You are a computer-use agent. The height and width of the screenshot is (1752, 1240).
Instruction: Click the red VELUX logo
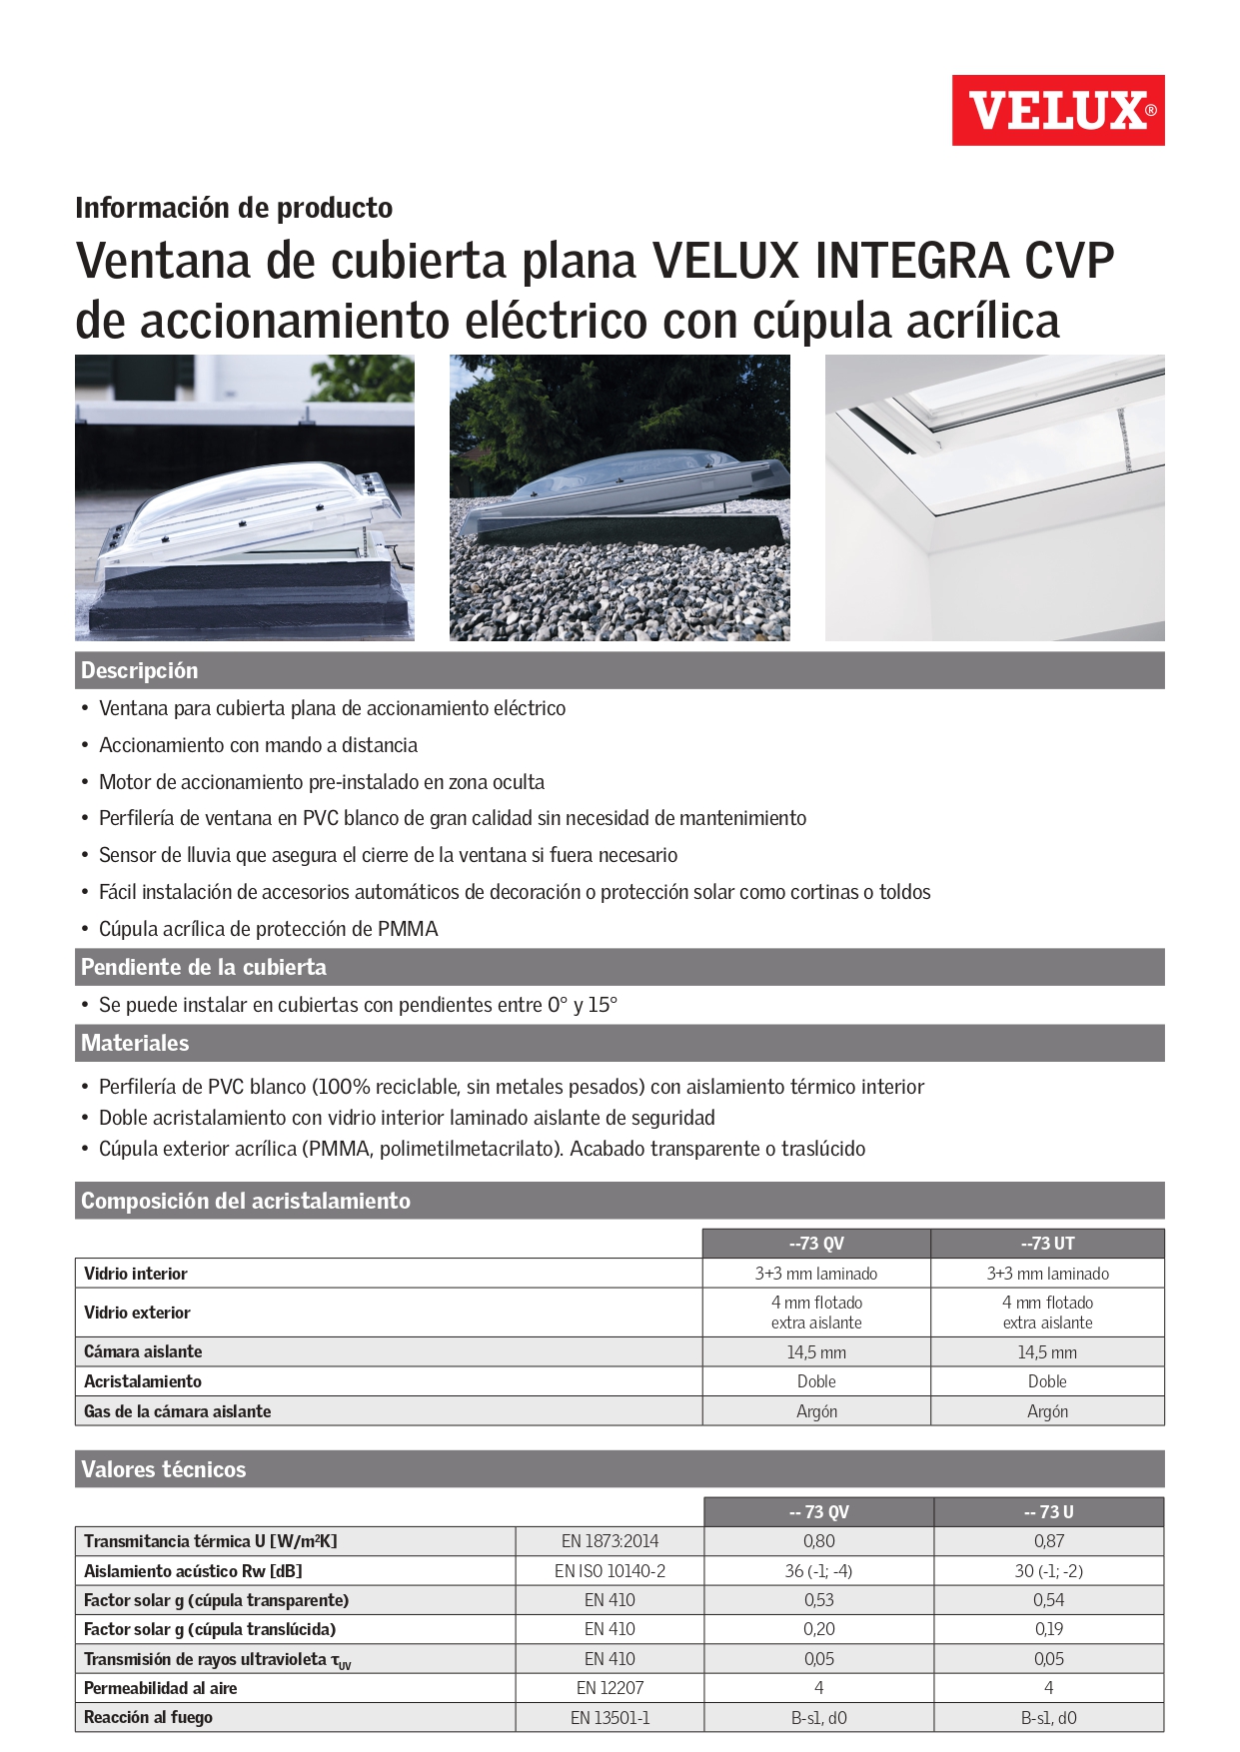(x=1057, y=110)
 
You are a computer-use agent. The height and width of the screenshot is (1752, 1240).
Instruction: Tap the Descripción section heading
(x=140, y=670)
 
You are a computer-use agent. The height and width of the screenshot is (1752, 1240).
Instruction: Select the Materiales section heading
(x=135, y=1043)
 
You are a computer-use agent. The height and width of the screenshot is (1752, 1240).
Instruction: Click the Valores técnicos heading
(x=163, y=1469)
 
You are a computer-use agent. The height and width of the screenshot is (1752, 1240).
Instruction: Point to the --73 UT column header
(x=1047, y=1244)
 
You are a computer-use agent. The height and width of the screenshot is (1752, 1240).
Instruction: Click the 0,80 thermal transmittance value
(x=818, y=1541)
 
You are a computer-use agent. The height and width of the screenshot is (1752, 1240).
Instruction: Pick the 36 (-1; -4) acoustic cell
(x=818, y=1571)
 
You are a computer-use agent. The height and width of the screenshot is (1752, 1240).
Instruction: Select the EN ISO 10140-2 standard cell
(x=610, y=1571)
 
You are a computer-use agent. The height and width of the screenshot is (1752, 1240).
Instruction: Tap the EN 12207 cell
(x=610, y=1688)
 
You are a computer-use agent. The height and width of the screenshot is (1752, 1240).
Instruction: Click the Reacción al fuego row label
(x=148, y=1717)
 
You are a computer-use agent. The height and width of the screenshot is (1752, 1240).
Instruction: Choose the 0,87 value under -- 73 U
(x=1048, y=1541)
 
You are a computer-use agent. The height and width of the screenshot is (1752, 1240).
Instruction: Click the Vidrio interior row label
(x=136, y=1274)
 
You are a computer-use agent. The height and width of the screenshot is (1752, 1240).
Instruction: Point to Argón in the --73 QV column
(x=816, y=1411)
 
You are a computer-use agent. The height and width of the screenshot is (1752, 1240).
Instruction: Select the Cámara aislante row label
(x=143, y=1351)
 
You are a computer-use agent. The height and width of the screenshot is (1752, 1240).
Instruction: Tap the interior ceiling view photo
(x=994, y=497)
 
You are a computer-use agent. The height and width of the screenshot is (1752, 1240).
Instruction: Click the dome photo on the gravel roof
(x=620, y=497)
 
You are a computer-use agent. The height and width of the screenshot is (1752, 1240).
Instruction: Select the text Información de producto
(x=234, y=208)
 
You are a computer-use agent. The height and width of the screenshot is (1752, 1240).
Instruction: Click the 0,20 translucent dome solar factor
(x=818, y=1629)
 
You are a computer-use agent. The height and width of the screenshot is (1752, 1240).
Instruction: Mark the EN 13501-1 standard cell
(x=610, y=1718)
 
